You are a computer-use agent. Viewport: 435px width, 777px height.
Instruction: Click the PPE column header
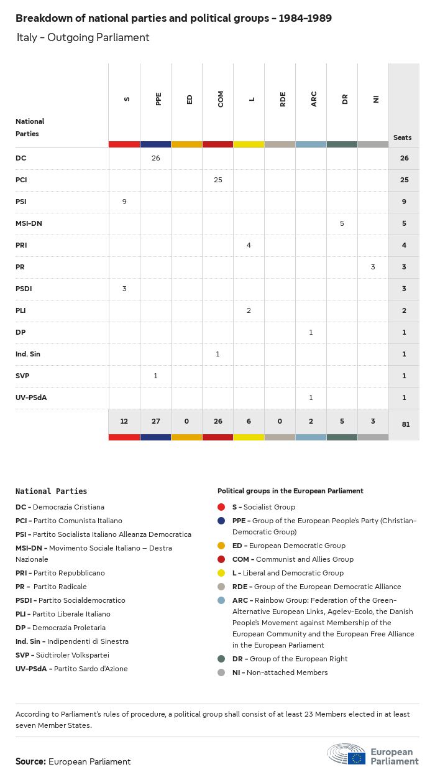[158, 98]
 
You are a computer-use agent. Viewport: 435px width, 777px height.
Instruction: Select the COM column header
[221, 99]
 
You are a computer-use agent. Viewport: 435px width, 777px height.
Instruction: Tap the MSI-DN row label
[29, 223]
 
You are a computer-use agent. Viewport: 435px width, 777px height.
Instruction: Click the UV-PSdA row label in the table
[31, 398]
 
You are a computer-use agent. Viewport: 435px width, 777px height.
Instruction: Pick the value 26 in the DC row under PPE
[155, 158]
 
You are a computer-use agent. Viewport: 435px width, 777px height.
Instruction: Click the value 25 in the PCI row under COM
[217, 180]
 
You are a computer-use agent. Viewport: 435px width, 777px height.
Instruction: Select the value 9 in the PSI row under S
[124, 202]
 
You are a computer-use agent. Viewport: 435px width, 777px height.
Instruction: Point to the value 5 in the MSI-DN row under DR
[342, 223]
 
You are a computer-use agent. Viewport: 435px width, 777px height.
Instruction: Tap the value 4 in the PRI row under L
[249, 245]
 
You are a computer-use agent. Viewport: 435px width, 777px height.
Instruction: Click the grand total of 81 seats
[404, 424]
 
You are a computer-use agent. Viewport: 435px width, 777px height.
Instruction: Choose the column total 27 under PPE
[155, 421]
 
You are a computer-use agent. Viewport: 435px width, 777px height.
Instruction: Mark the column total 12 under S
[124, 421]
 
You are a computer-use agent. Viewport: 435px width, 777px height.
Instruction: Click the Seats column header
[402, 137]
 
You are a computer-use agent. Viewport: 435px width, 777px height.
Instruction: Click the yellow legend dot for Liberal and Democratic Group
[221, 573]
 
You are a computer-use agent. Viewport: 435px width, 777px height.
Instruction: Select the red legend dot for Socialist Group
[221, 507]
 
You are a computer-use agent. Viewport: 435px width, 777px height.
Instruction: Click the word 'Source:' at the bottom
[30, 761]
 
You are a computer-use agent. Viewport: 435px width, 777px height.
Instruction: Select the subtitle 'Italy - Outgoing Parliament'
[83, 37]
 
